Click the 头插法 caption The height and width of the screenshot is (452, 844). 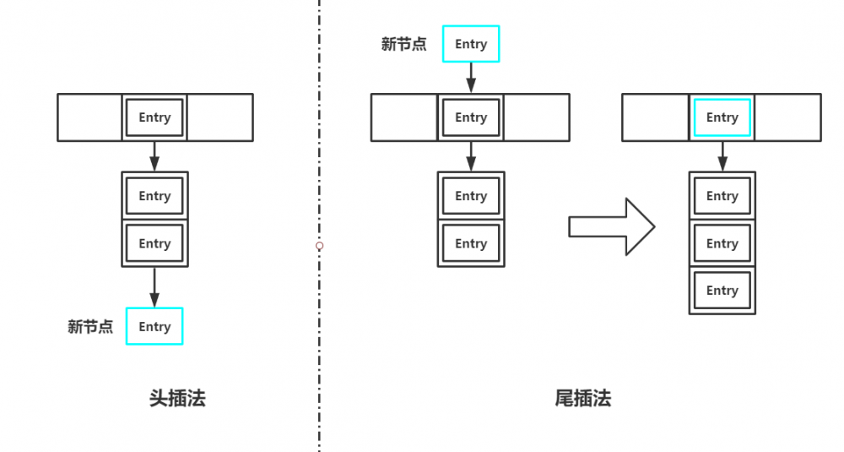[177, 399]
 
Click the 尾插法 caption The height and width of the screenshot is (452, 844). [582, 399]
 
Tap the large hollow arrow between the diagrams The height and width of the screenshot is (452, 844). [611, 226]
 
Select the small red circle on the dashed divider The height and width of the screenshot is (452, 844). [319, 246]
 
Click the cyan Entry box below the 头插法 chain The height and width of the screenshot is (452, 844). [154, 326]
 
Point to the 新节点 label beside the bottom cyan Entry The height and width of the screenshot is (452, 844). [90, 327]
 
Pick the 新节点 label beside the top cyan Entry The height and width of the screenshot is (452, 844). [403, 45]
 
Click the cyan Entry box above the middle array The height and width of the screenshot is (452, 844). [471, 44]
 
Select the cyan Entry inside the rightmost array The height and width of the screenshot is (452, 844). [722, 117]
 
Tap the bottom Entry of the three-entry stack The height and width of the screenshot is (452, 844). [722, 291]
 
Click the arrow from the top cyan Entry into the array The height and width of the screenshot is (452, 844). [471, 78]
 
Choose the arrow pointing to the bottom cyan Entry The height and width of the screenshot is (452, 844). [154, 287]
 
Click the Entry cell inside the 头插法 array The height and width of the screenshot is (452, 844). [154, 117]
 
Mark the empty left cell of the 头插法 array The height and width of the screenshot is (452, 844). [89, 117]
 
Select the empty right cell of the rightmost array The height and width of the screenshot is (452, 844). [787, 117]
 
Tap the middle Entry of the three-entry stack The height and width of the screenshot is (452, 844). [722, 243]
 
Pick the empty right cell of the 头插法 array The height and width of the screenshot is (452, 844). [219, 117]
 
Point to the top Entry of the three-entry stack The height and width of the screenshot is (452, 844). [722, 196]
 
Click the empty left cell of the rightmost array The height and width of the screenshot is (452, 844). [656, 117]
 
